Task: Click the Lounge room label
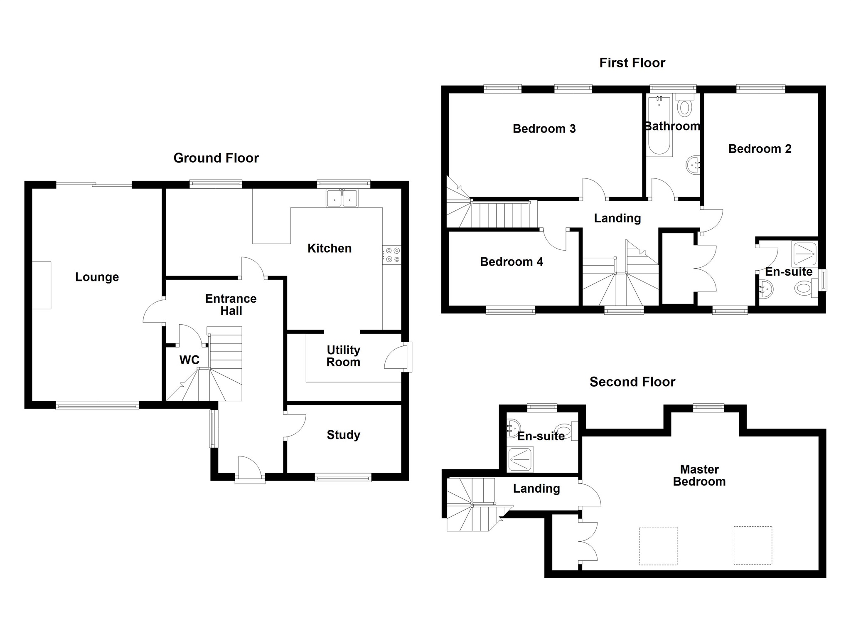point(97,277)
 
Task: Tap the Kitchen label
point(330,248)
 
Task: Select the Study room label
point(343,435)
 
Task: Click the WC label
point(189,360)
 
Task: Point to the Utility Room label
point(343,356)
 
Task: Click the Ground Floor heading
point(216,158)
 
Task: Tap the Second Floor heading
point(632,382)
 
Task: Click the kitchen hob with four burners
point(392,255)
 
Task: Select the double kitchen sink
point(342,198)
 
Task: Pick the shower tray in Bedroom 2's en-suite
point(805,253)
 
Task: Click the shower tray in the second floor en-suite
point(520,459)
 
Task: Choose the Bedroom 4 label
point(512,261)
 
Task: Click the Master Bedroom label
point(699,475)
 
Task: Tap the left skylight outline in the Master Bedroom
point(658,545)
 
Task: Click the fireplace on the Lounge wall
point(42,285)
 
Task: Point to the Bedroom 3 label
point(544,128)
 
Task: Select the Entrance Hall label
point(231,304)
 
